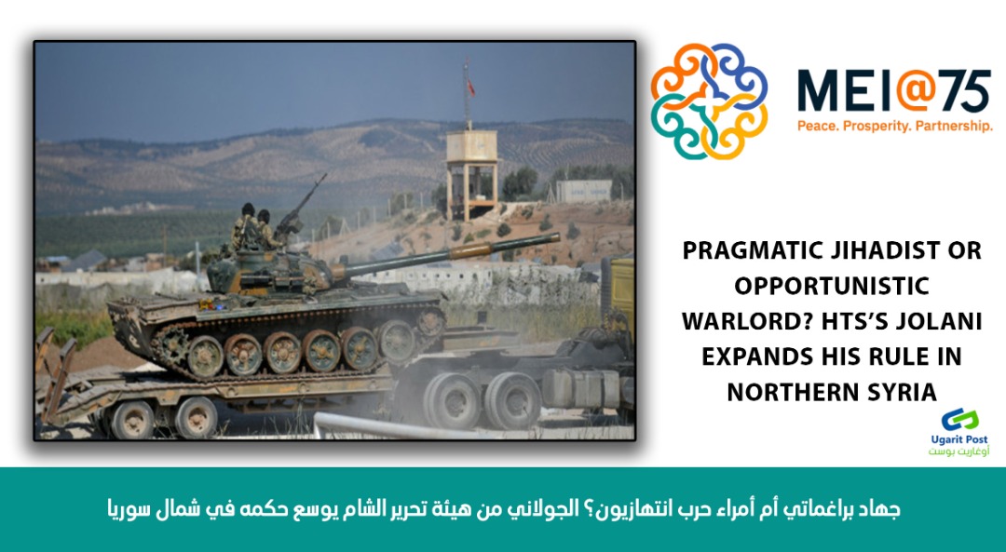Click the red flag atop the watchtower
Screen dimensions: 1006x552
471,88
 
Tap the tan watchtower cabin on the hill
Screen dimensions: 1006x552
471,146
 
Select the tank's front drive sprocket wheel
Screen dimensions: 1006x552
429,320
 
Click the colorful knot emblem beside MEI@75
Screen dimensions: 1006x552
709,101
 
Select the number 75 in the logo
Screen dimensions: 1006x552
968,91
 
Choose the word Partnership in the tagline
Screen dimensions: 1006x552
954,127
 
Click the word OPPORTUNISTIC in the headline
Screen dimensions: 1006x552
832,286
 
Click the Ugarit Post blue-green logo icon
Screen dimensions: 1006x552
959,421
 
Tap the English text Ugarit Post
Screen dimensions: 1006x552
959,439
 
